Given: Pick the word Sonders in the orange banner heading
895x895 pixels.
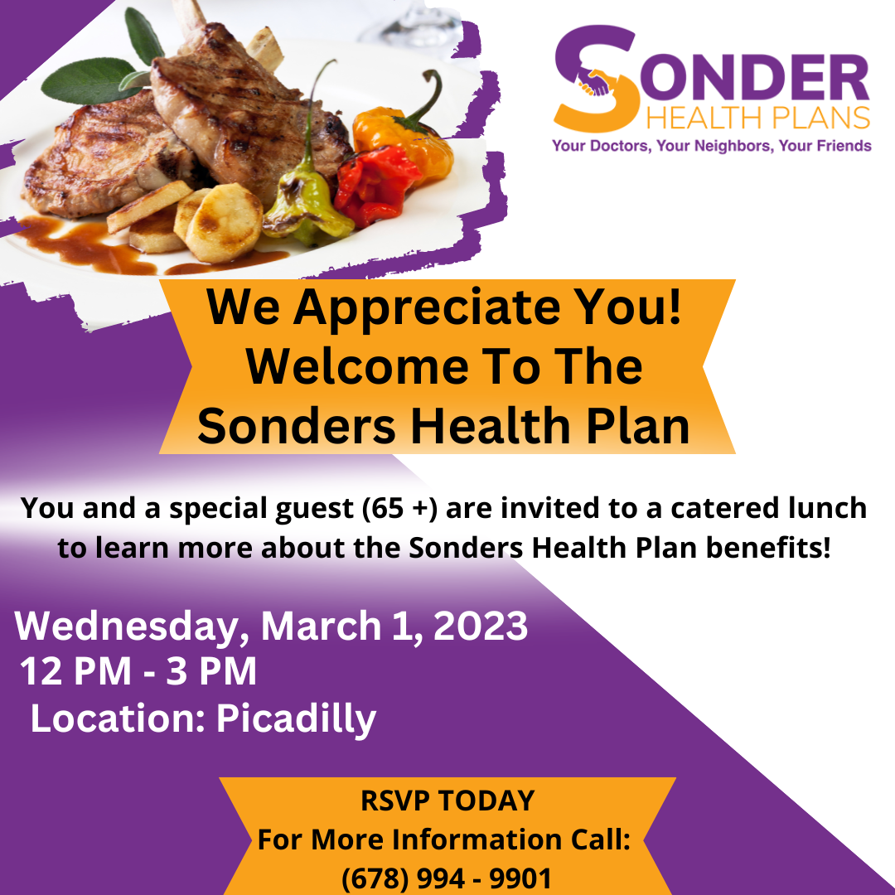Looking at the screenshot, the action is (296, 426).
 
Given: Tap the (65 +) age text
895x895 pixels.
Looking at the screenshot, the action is (399, 507).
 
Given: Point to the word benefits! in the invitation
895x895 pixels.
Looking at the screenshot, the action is (768, 548).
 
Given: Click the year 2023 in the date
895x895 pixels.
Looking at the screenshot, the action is (481, 626).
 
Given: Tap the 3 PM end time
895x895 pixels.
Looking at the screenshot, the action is (210, 670).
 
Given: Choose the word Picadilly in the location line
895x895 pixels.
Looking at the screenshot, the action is (296, 718).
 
